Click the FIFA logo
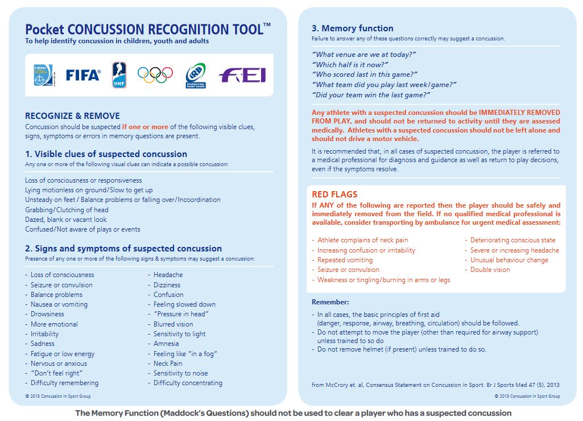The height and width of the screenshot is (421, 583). [x=83, y=75]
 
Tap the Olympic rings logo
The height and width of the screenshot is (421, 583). [x=155, y=74]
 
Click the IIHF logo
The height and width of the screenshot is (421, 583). [x=119, y=75]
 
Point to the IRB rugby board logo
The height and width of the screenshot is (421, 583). [x=196, y=75]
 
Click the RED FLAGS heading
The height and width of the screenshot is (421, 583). [x=334, y=195]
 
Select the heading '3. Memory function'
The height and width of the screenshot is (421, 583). [x=352, y=28]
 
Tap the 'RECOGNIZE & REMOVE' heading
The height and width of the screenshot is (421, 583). [x=72, y=115]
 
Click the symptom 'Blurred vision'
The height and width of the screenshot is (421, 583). [x=173, y=324]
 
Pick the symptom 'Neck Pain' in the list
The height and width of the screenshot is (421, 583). [x=168, y=364]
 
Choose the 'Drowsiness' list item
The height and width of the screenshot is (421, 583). [x=47, y=314]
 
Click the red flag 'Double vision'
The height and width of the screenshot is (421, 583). [x=490, y=270]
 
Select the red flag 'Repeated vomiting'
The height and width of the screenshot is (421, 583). [x=345, y=260]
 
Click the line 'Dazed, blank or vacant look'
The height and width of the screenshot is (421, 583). [x=65, y=220]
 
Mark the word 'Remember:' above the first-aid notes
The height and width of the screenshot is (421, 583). [x=330, y=302]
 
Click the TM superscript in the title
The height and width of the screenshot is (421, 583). [x=267, y=24]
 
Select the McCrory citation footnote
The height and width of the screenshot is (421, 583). [x=436, y=385]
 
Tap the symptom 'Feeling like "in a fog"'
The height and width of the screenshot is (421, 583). [x=185, y=354]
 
